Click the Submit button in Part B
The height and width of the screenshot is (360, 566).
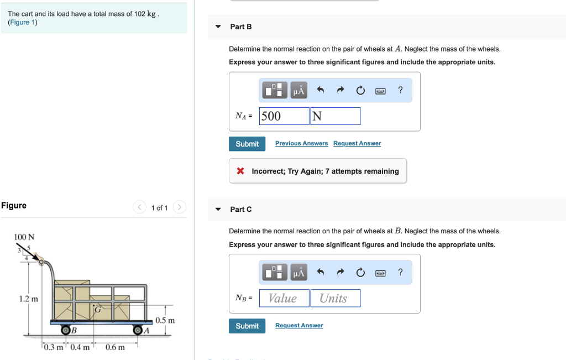[247, 144]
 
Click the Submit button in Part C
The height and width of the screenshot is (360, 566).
[247, 326]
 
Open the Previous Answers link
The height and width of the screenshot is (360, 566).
[301, 144]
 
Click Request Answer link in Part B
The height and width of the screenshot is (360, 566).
[357, 144]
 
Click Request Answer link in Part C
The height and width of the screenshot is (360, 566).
[299, 326]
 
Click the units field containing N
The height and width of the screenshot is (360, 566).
[335, 116]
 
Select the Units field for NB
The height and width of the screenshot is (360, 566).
[335, 299]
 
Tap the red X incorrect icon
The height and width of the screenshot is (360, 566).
[240, 171]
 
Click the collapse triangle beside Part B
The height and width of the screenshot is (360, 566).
[218, 27]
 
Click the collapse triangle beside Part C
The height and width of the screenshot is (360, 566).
[218, 209]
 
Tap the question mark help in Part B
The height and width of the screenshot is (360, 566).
[400, 90]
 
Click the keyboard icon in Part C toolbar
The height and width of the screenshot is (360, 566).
[380, 273]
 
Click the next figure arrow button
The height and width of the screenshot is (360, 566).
[180, 207]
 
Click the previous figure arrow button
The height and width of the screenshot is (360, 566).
[139, 207]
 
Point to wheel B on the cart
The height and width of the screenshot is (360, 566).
[66, 330]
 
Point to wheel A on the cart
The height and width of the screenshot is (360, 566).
[138, 330]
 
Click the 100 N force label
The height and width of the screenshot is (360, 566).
[24, 237]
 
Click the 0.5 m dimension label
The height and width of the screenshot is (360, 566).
[165, 320]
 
